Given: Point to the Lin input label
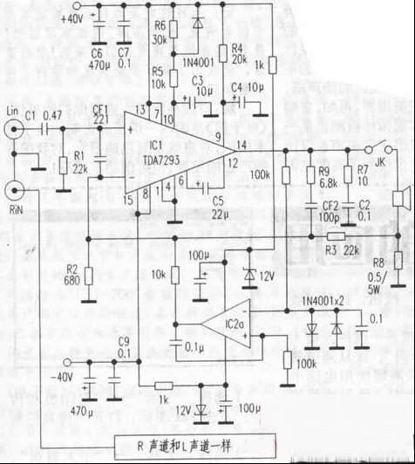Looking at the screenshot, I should pyautogui.click(x=11, y=113).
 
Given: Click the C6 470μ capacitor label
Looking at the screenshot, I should pyautogui.click(x=97, y=58).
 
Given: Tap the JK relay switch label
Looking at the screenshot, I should pyautogui.click(x=381, y=161).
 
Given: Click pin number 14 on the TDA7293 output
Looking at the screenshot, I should pyautogui.click(x=242, y=143).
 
